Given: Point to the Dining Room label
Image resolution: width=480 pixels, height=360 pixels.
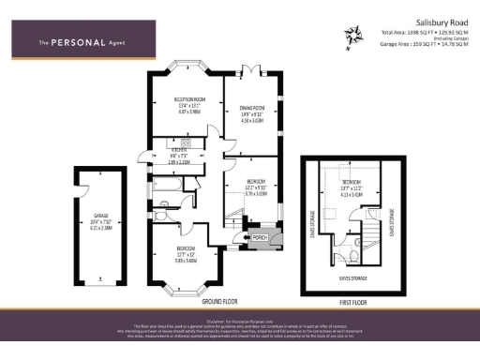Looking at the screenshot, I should tap(251, 108).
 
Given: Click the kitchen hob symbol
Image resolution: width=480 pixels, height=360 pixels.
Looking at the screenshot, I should tap(185, 142).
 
